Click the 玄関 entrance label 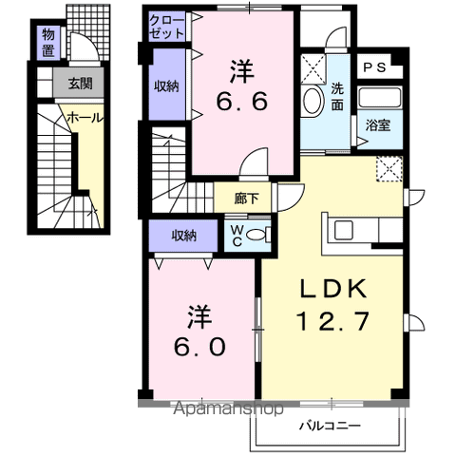[x=79, y=84]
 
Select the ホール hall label [x=85, y=117]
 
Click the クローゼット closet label [x=167, y=27]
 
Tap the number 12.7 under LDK [x=332, y=322]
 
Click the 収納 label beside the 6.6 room [x=166, y=86]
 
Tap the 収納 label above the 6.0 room [x=184, y=234]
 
